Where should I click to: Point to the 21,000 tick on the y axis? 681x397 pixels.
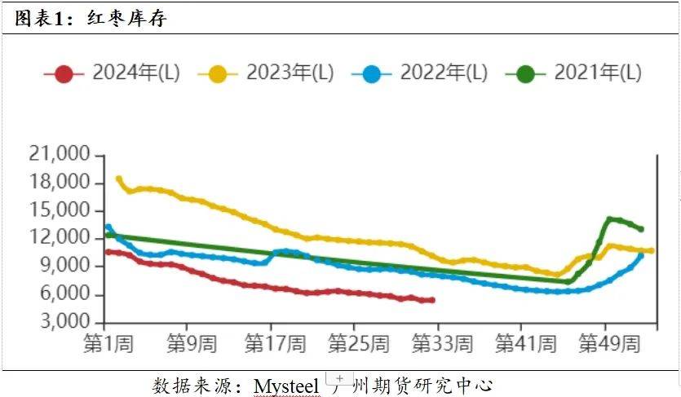[x=58, y=155]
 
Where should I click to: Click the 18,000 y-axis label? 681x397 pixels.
[x=58, y=183]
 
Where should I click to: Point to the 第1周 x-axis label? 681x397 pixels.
[x=108, y=344]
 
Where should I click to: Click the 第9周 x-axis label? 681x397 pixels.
[x=190, y=344]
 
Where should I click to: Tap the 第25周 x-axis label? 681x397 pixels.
[x=359, y=344]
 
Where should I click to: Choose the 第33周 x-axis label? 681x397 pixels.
[x=442, y=344]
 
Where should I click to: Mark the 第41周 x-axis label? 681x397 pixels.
[x=525, y=344]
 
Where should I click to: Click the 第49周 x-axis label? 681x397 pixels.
[x=608, y=344]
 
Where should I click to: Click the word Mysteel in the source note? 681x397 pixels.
[x=286, y=385]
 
